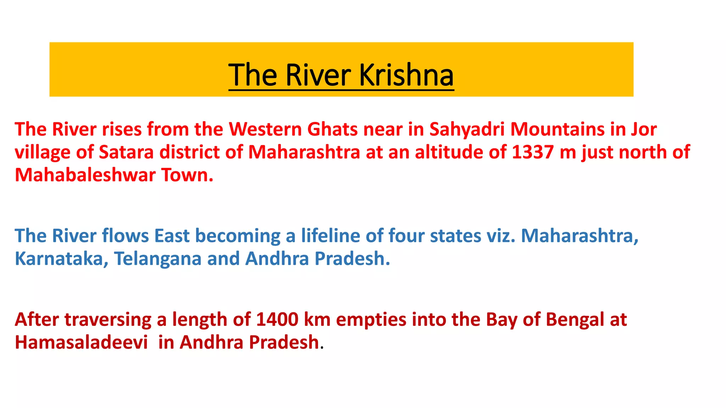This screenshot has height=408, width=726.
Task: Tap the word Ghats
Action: (x=332, y=129)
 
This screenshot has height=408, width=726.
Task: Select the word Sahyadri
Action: (x=467, y=129)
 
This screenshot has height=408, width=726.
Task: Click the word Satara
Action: (x=126, y=152)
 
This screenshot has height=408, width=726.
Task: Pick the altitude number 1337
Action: (x=533, y=152)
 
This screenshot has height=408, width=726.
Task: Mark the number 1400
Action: (x=277, y=319)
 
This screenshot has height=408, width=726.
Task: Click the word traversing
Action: (x=108, y=319)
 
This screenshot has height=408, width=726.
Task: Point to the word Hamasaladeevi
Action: (x=81, y=342)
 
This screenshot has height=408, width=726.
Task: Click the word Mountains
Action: (x=557, y=129)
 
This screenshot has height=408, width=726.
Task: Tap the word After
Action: (x=37, y=319)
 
